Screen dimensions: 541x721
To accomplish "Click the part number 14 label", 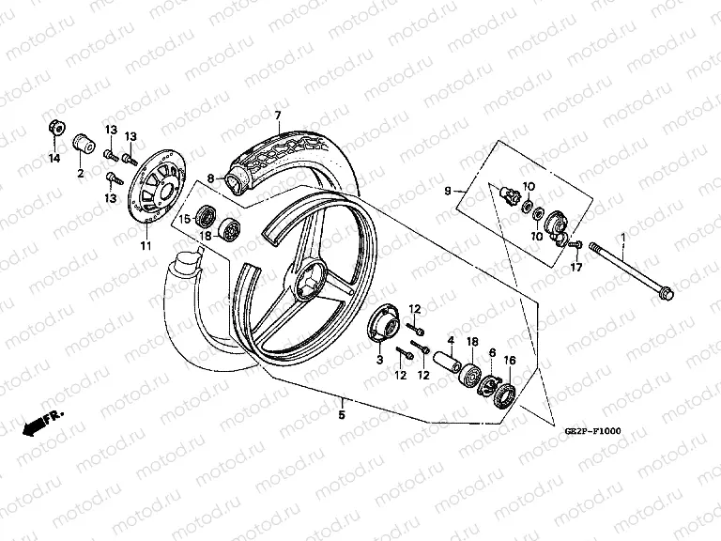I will tap(54, 158).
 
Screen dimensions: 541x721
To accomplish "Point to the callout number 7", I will tap(278, 116).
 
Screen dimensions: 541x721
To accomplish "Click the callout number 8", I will tap(211, 178).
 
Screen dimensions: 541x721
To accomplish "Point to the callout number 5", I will tap(342, 414).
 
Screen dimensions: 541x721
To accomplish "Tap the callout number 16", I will tap(510, 360).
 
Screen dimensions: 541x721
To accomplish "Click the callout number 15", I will tap(185, 219).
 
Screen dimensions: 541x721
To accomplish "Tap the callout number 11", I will tap(145, 246).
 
